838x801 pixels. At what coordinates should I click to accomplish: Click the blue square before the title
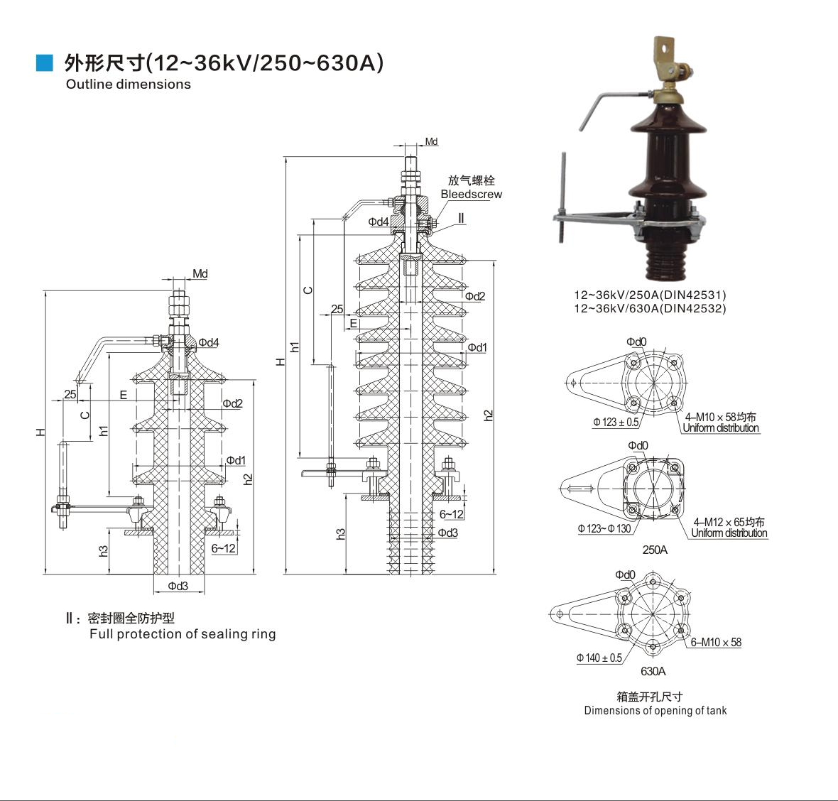pos(45,63)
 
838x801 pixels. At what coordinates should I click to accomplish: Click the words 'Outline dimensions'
pos(129,85)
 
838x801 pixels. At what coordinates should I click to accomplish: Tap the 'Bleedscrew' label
pos(471,195)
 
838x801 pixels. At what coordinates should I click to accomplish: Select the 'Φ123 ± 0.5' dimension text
pos(616,423)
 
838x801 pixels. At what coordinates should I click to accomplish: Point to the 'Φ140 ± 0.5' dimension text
pos(599,658)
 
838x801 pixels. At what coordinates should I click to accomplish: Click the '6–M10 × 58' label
pos(716,643)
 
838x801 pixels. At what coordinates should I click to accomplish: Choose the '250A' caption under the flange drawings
pos(655,550)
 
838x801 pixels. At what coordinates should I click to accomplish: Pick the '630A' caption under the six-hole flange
pos(653,671)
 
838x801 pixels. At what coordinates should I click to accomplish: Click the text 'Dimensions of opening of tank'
pos(655,711)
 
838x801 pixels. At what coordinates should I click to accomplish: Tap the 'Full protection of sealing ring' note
pos(183,634)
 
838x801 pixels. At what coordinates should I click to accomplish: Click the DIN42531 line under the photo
pos(651,295)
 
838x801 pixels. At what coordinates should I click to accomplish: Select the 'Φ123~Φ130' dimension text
pos(604,529)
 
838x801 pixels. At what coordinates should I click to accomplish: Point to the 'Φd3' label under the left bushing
pos(178,587)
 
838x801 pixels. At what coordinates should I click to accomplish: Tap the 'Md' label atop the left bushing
pos(200,274)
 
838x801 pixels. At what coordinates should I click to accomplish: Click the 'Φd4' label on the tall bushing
pos(379,222)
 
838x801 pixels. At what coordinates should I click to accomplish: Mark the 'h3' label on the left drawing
pos(104,551)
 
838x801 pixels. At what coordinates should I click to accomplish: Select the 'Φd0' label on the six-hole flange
pos(626,574)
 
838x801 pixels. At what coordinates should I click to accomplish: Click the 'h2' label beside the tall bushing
pos(488,415)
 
